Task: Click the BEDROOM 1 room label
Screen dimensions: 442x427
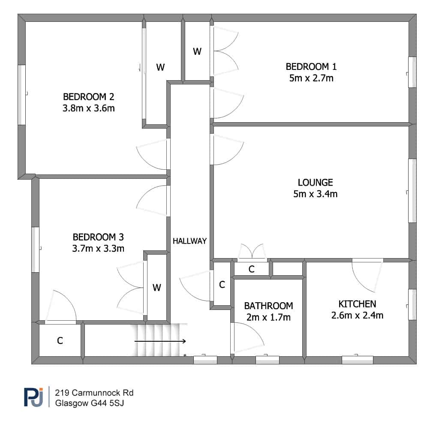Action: [x=311, y=67]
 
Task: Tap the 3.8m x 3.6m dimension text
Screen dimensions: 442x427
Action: [x=88, y=108]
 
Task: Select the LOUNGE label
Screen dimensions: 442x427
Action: [x=315, y=183]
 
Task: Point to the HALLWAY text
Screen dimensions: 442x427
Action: [x=190, y=241]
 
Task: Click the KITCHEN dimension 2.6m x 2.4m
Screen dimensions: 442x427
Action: [x=357, y=316]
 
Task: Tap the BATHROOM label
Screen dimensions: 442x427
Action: [x=268, y=306]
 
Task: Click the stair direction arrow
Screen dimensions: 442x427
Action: [x=160, y=341]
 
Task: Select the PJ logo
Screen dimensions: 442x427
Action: [x=33, y=397]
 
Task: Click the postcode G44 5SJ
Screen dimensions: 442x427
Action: [x=107, y=403]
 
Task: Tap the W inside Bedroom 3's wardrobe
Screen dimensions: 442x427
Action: [x=157, y=288]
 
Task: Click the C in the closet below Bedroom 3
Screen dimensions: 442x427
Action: [x=60, y=341]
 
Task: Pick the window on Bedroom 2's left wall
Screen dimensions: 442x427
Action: [x=22, y=95]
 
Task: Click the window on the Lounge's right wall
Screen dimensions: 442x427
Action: [x=412, y=191]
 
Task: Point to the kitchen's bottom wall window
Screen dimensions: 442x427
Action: [x=358, y=360]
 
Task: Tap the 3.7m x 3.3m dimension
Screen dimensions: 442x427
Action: [x=98, y=249]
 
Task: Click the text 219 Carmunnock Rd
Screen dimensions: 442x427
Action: [x=94, y=393]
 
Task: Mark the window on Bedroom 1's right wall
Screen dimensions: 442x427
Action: [x=412, y=72]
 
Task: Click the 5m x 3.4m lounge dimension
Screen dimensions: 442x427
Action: [x=315, y=194]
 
